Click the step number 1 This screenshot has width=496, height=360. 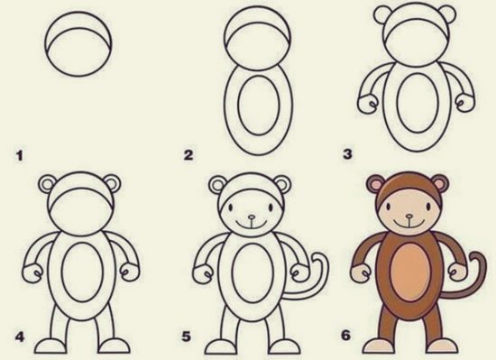20,155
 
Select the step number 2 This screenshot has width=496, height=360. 188,155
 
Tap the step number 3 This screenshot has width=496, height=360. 347,155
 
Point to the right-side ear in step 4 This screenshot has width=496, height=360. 112,185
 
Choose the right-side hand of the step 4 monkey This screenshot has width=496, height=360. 129,272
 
